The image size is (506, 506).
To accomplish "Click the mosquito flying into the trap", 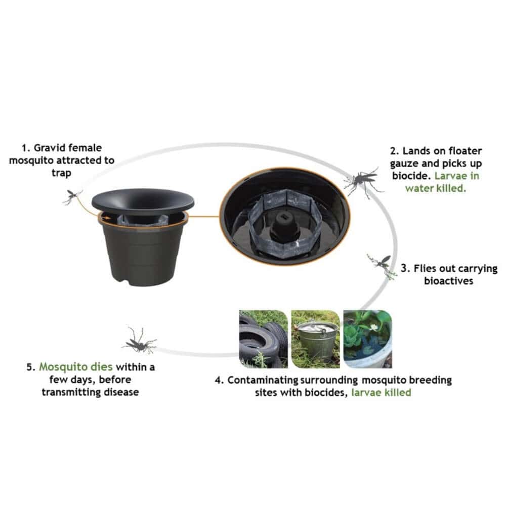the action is [72, 196].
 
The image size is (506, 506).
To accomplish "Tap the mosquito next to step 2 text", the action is [363, 181].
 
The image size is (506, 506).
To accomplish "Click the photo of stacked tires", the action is [263, 339].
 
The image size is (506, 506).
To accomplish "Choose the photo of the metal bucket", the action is [316, 339].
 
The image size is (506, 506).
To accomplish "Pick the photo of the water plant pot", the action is [367, 339].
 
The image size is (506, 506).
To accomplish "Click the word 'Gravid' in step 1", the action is [49, 148].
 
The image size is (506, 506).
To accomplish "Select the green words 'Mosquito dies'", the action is [76, 367].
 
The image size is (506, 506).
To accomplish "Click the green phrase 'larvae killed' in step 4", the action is [381, 393].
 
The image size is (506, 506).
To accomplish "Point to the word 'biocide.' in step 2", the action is [411, 176].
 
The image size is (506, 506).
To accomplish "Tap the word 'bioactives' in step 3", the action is [448, 281].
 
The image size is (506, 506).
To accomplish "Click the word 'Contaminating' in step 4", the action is [263, 380].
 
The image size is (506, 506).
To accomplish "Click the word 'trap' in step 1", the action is [61, 173].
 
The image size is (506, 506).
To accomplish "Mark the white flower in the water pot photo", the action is [374, 327].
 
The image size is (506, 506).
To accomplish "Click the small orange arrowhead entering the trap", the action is [108, 218].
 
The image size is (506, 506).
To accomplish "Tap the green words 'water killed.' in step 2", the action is [436, 188].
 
